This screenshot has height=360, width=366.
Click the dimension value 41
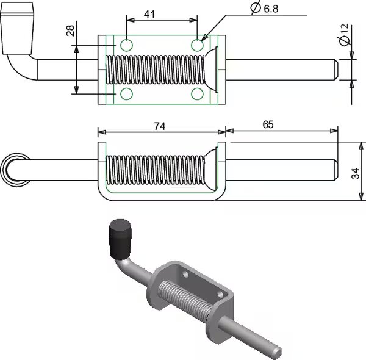149,14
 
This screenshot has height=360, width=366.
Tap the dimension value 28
70,31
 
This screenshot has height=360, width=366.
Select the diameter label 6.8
265,8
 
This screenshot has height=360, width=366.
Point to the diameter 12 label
344,35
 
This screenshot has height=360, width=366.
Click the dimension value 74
160,126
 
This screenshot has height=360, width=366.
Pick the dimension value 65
268,124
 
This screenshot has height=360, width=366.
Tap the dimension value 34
355,173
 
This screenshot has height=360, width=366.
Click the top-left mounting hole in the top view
126,45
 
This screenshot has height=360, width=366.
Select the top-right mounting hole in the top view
197,45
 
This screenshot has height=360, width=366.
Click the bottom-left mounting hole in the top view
126,94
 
